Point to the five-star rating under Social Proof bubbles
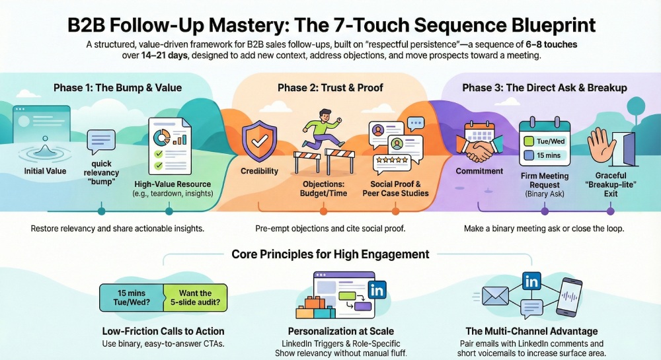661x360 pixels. [x=391, y=161]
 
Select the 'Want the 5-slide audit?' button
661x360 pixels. [x=195, y=297]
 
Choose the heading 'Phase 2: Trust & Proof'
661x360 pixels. [x=330, y=88]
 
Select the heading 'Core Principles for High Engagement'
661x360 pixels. [x=330, y=254]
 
